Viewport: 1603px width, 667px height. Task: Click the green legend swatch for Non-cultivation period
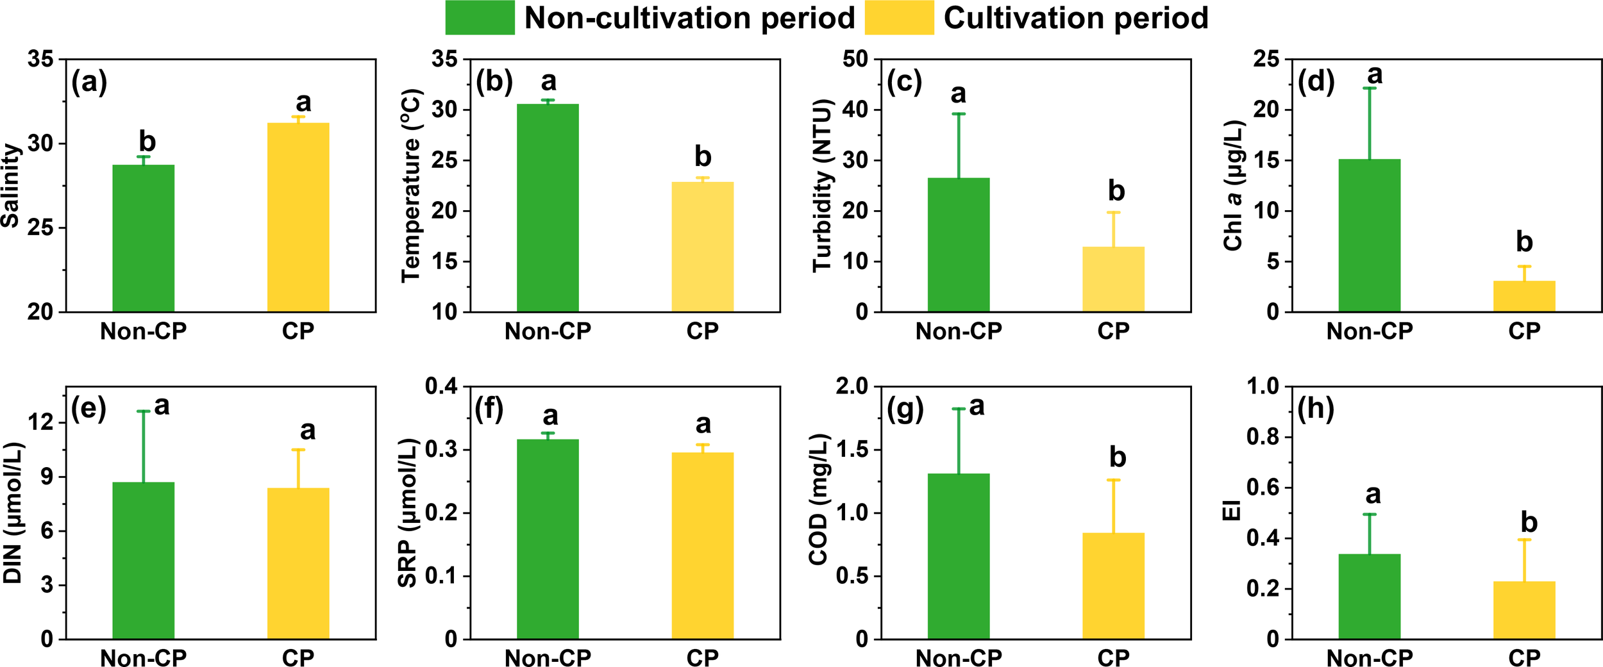pos(480,17)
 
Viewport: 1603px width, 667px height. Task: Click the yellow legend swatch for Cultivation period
pos(899,17)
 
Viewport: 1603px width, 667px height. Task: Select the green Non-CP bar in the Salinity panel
pos(143,238)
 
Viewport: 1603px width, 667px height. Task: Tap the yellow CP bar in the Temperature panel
pos(702,247)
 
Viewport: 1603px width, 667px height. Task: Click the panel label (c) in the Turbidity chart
pos(904,82)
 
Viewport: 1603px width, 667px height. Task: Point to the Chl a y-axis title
pos(1233,186)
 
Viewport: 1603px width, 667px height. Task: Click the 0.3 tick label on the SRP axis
pos(441,450)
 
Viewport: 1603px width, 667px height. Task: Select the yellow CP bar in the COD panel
pos(1113,586)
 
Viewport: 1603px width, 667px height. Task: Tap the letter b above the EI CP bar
pos(1529,523)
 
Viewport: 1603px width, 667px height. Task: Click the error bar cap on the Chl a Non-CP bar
pos(1370,88)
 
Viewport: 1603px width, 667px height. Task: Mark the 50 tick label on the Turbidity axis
pos(855,60)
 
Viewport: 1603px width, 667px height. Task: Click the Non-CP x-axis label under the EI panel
pos(1370,657)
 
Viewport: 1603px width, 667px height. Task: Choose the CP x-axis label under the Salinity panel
pos(298,331)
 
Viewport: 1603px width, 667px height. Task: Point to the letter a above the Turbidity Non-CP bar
pos(958,94)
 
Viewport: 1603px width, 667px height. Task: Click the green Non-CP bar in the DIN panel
pos(143,561)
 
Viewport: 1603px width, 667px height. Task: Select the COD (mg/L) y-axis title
pos(819,500)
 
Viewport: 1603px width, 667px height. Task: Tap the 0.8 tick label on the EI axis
pos(1262,437)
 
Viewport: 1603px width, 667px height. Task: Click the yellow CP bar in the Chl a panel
pos(1524,296)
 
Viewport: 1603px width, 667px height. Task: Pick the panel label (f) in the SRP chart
pos(489,409)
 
